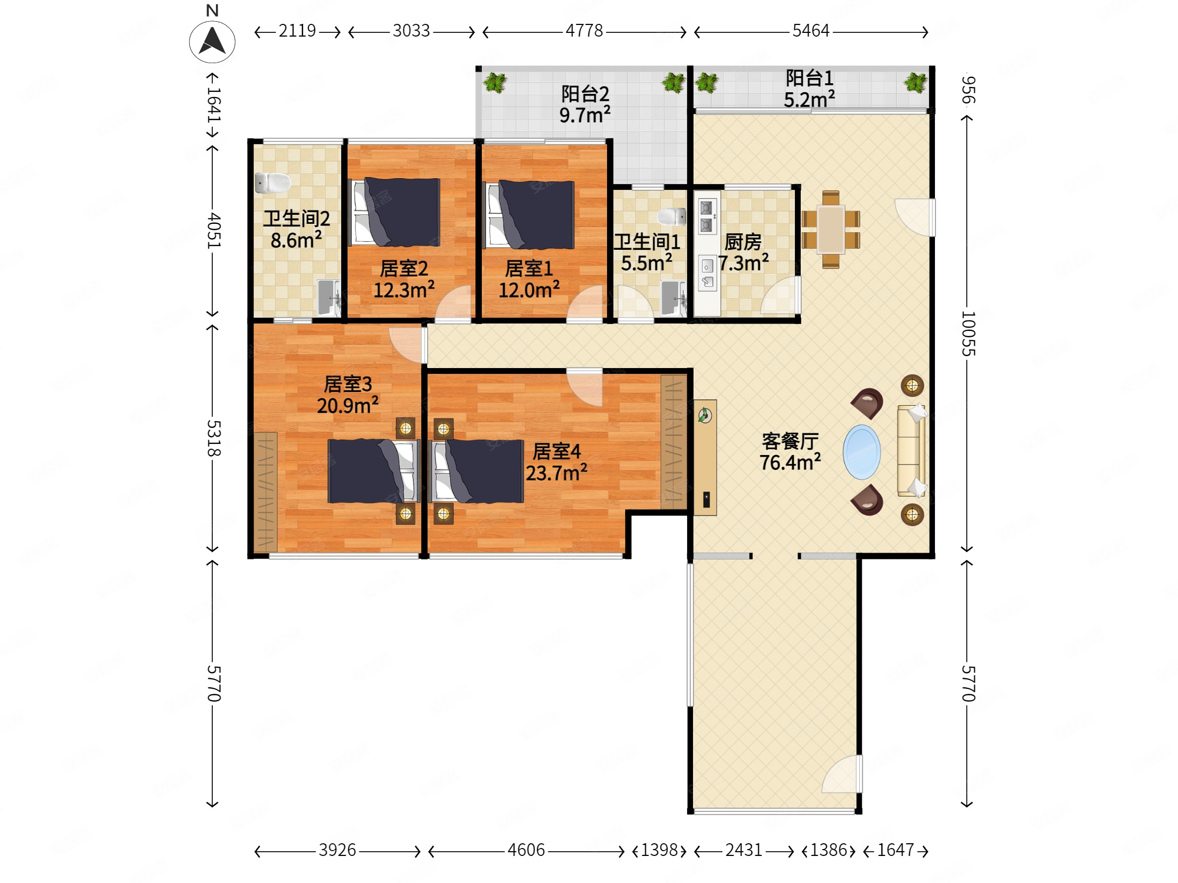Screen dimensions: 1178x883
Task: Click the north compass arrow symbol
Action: tap(212, 41)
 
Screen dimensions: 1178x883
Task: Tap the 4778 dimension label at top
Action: tap(584, 31)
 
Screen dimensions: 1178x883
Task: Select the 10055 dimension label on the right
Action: tap(968, 334)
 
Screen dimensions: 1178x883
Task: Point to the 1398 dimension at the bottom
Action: tap(659, 850)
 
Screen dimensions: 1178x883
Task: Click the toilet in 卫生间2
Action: tap(273, 183)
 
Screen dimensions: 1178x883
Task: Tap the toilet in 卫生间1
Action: tap(672, 216)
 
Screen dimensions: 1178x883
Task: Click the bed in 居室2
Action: tap(395, 212)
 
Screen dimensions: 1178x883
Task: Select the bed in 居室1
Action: tap(529, 214)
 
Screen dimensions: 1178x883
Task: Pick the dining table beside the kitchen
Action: tap(831, 230)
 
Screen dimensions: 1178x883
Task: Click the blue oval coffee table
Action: tap(862, 452)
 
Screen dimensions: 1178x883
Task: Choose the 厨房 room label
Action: tap(743, 242)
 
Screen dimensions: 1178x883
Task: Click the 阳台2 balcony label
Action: tap(585, 94)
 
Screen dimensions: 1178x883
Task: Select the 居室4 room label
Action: tap(557, 451)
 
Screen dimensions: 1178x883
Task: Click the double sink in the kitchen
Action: tap(707, 216)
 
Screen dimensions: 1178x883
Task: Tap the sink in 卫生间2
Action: tap(329, 297)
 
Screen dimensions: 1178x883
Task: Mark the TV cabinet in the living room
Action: tap(705, 457)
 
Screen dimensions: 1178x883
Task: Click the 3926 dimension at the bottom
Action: tap(337, 850)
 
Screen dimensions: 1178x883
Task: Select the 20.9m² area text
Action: tap(348, 406)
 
